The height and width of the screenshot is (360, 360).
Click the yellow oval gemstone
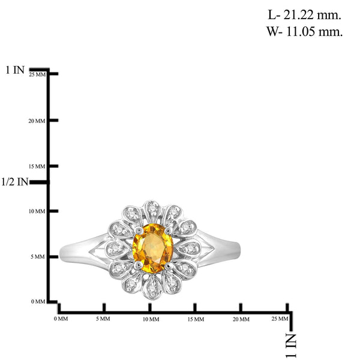pos(153,248)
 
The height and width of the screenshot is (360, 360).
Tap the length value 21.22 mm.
pos(312,15)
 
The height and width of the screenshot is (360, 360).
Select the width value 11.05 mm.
pos(314,31)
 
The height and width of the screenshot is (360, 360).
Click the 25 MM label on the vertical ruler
pos(37,74)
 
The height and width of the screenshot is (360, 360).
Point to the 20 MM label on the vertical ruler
pos(37,121)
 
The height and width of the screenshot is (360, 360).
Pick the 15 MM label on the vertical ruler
pos(37,166)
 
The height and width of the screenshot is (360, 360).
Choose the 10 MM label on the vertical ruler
pos(37,211)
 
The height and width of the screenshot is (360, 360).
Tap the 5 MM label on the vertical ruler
pos(38,257)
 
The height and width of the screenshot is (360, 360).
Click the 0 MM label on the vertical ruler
pos(38,301)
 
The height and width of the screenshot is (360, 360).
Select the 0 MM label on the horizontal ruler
pos(61,319)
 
